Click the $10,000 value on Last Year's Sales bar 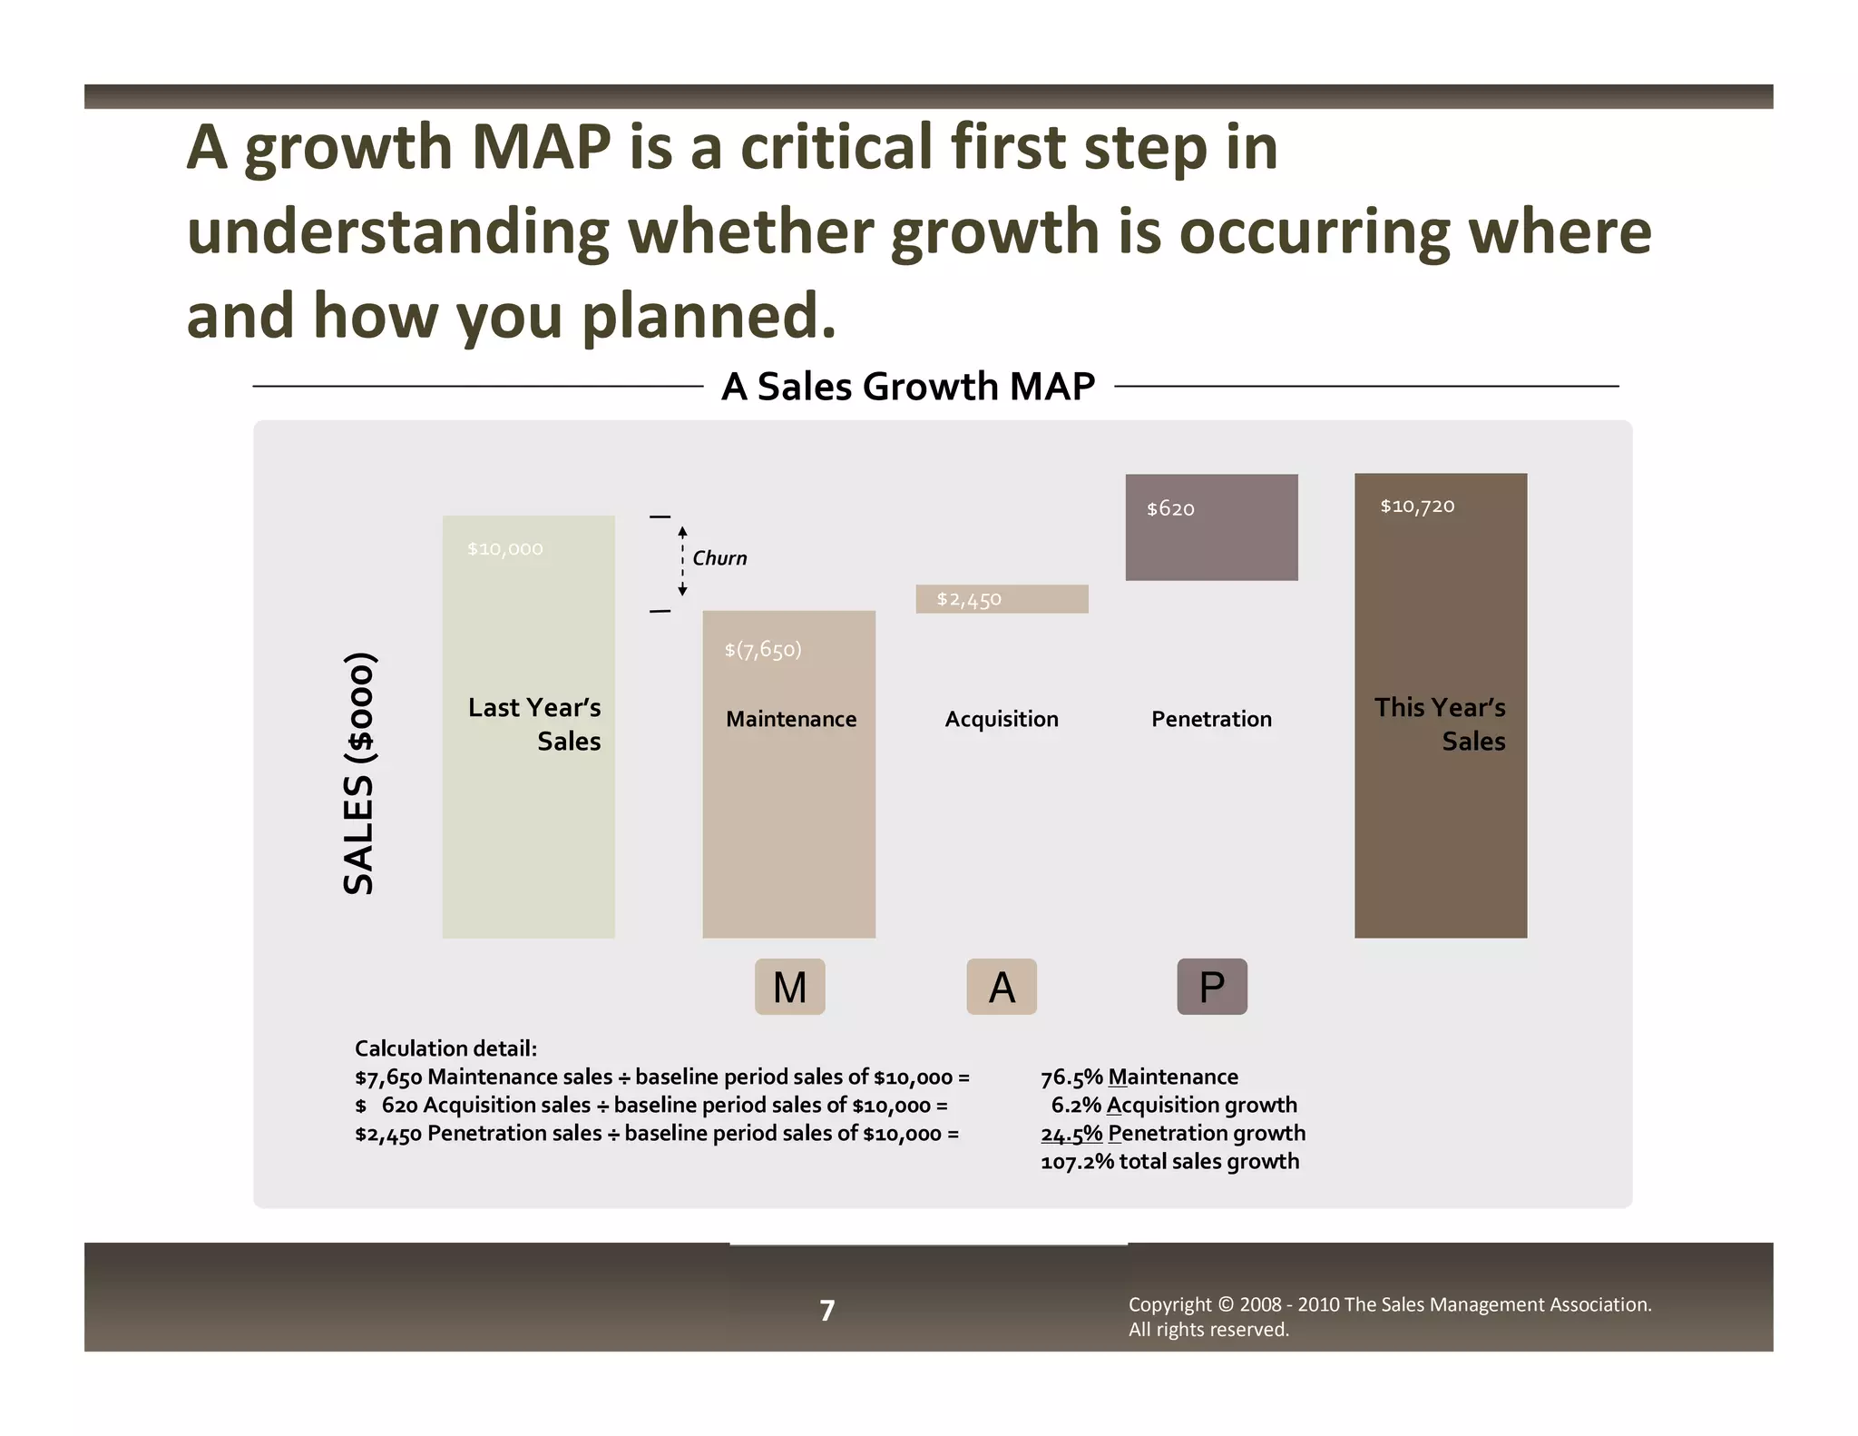[504, 549]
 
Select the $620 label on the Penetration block [1169, 509]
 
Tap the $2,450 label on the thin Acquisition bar [968, 600]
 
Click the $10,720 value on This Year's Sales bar [1416, 507]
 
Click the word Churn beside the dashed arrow [719, 558]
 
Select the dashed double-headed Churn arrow [682, 562]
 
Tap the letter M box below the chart [789, 987]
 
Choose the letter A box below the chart [1001, 987]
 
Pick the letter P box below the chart [1211, 987]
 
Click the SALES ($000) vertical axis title [359, 773]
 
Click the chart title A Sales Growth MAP [908, 387]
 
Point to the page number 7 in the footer [826, 1310]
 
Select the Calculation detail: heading [445, 1048]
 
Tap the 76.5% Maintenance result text [1139, 1077]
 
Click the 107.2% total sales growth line [1169, 1162]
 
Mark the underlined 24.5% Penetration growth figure [1071, 1134]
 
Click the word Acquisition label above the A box [1001, 719]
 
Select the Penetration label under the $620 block [1211, 719]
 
